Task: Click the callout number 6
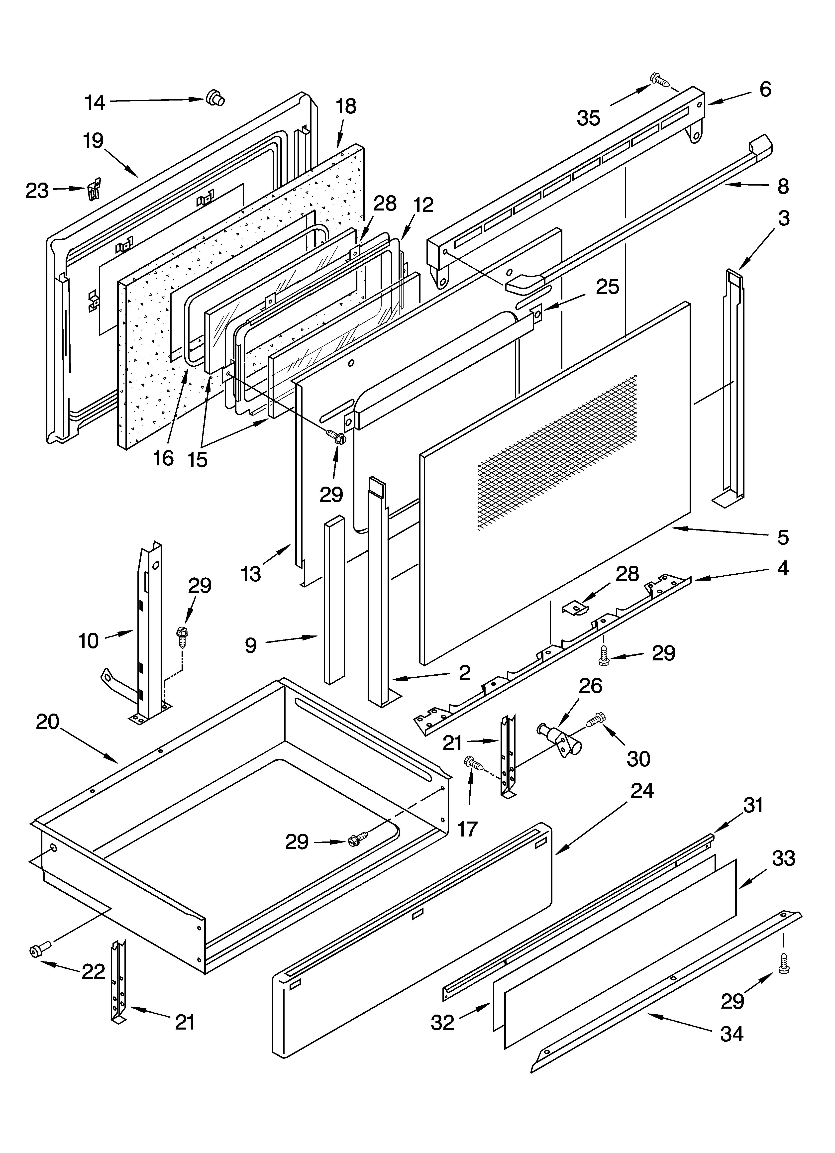coord(765,90)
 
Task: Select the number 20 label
coord(48,722)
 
